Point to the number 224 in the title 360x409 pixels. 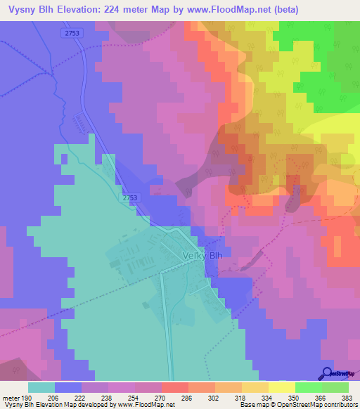pos(113,9)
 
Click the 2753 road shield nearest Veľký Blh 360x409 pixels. pos(130,198)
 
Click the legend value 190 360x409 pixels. pos(28,397)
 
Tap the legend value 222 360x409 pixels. pos(81,397)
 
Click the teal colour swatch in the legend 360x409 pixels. pos(41,387)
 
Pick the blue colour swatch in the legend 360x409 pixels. pos(68,387)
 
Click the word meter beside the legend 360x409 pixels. pos(11,397)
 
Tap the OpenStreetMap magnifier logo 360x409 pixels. pos(327,373)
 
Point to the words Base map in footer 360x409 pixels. pos(251,405)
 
